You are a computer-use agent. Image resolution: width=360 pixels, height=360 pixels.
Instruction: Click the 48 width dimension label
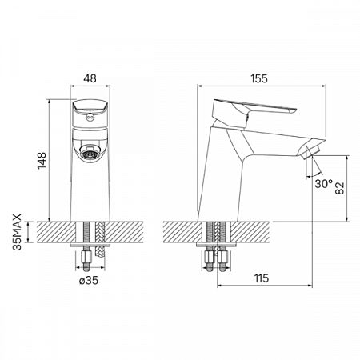click(x=90, y=78)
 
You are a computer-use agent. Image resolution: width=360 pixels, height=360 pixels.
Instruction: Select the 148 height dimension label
click(x=42, y=160)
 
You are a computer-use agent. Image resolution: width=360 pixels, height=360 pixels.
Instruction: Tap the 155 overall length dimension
click(x=258, y=78)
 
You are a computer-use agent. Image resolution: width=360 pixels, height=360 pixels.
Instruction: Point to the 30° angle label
click(x=324, y=183)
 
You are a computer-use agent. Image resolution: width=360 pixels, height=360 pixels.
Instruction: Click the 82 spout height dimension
click(x=340, y=188)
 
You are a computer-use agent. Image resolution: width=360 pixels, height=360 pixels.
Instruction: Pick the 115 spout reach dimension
click(x=261, y=278)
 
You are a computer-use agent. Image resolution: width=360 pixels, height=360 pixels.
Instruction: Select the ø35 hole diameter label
click(x=89, y=280)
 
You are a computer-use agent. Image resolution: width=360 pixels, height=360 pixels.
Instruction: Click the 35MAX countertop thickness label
click(x=17, y=231)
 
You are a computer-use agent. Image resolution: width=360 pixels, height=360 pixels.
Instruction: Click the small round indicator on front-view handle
click(x=90, y=116)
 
